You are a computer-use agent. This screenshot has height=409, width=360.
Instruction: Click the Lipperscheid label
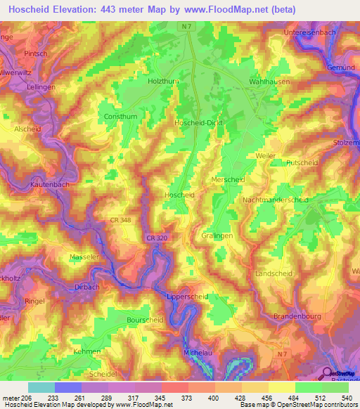tap(187, 297)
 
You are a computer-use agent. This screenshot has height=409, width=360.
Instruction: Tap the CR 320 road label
tap(156, 239)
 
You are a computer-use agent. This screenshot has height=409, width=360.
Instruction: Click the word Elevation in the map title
tap(83, 10)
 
